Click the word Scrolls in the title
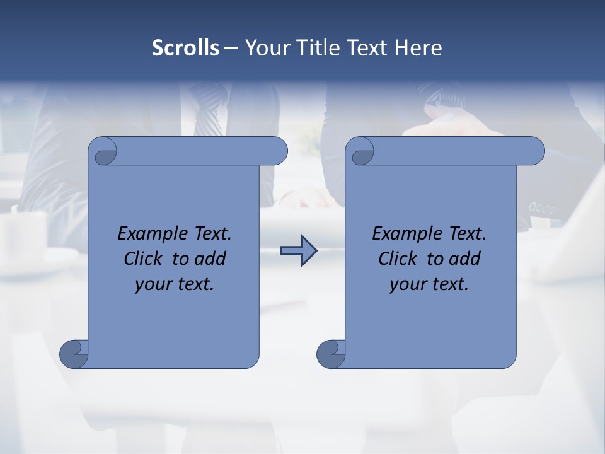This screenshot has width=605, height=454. point(185,48)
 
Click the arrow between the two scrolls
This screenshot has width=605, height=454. point(297,251)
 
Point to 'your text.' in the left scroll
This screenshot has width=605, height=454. point(175,284)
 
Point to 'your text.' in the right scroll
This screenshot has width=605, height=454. point(429,284)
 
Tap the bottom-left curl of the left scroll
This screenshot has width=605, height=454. point(74,353)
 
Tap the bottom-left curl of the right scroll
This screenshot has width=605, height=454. point(330,353)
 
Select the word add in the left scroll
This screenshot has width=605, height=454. point(211,259)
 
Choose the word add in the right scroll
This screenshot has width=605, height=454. point(466,259)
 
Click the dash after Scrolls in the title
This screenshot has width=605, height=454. point(231,48)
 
